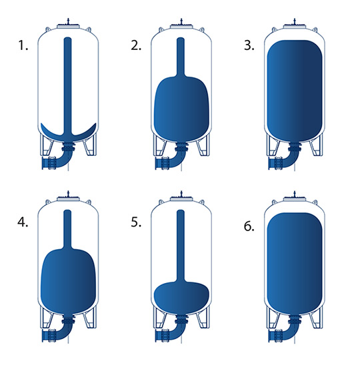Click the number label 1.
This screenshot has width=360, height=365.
tap(23, 45)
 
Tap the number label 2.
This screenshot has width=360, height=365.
tap(136, 45)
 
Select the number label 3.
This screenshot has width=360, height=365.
tap(249, 45)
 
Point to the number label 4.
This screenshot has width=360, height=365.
tap(23, 222)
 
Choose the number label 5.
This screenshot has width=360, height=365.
tap(136, 222)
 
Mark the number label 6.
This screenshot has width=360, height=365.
tap(249, 226)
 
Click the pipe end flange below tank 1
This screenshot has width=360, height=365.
tap(43, 163)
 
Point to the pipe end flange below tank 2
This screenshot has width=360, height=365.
tap(157, 163)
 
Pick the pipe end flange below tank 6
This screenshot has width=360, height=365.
tap(270, 336)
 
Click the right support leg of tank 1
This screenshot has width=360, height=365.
tap(90, 145)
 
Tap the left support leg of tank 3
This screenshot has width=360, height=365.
tap(273, 145)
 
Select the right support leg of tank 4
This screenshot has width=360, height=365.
tap(90, 318)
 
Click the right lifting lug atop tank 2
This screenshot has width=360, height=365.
tap(202, 30)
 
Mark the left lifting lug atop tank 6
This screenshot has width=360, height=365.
tap(275, 202)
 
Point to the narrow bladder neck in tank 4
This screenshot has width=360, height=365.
tap(68, 229)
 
